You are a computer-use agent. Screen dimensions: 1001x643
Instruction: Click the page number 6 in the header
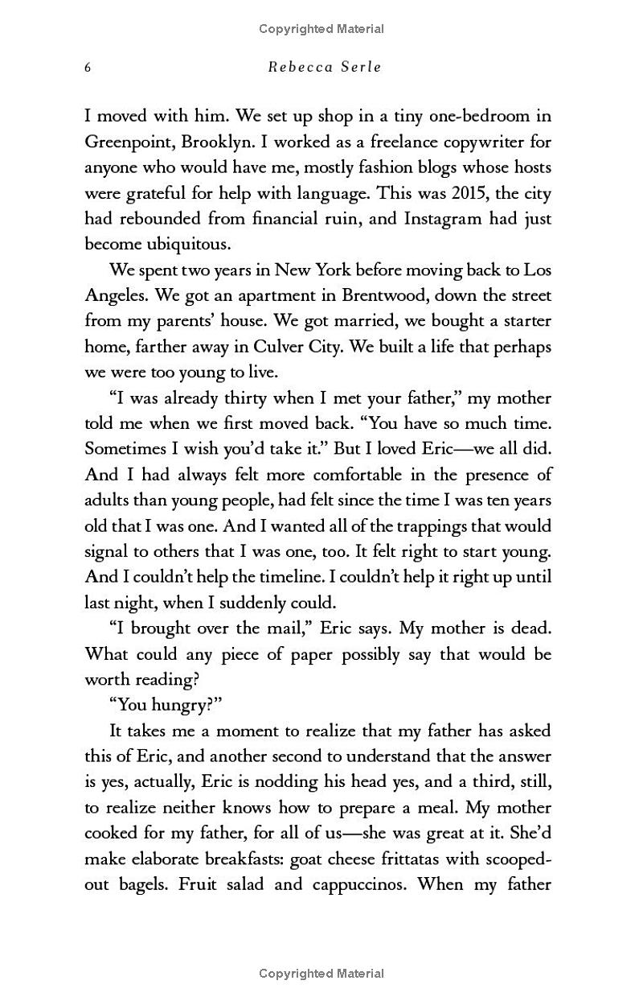tap(88, 67)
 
